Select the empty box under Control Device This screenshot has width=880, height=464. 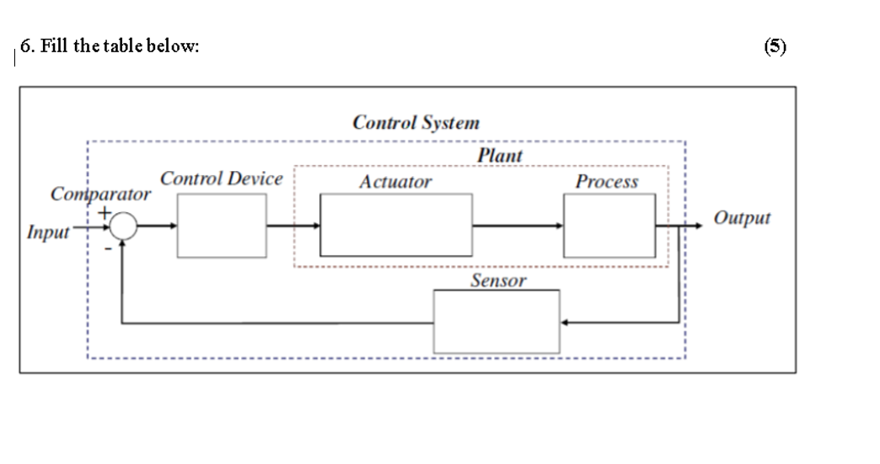point(222,225)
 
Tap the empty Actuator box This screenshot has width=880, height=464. point(396,225)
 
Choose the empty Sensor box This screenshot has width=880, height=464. point(496,322)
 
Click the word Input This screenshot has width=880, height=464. point(47,232)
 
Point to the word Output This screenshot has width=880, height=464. point(742,218)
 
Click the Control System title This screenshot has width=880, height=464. point(416,122)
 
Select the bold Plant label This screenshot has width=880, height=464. point(499,156)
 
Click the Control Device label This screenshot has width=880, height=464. point(221,179)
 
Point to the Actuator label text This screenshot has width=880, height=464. point(394,182)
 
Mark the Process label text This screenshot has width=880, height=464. point(606,182)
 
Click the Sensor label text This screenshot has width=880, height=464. point(497,281)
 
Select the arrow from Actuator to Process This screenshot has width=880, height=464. point(518,226)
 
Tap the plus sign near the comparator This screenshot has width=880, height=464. point(104,211)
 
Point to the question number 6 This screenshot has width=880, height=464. point(25,47)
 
